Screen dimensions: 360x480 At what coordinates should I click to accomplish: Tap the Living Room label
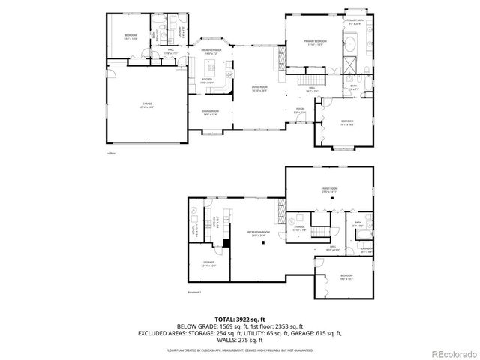tap(260, 90)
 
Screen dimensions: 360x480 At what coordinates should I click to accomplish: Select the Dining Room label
tap(209, 112)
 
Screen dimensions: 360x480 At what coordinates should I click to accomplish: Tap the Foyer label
tap(299, 109)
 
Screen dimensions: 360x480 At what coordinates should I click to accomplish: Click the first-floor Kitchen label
tap(208, 79)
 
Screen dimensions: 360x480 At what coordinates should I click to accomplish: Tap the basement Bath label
tap(358, 223)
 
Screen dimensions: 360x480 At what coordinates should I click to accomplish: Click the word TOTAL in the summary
tap(227, 319)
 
